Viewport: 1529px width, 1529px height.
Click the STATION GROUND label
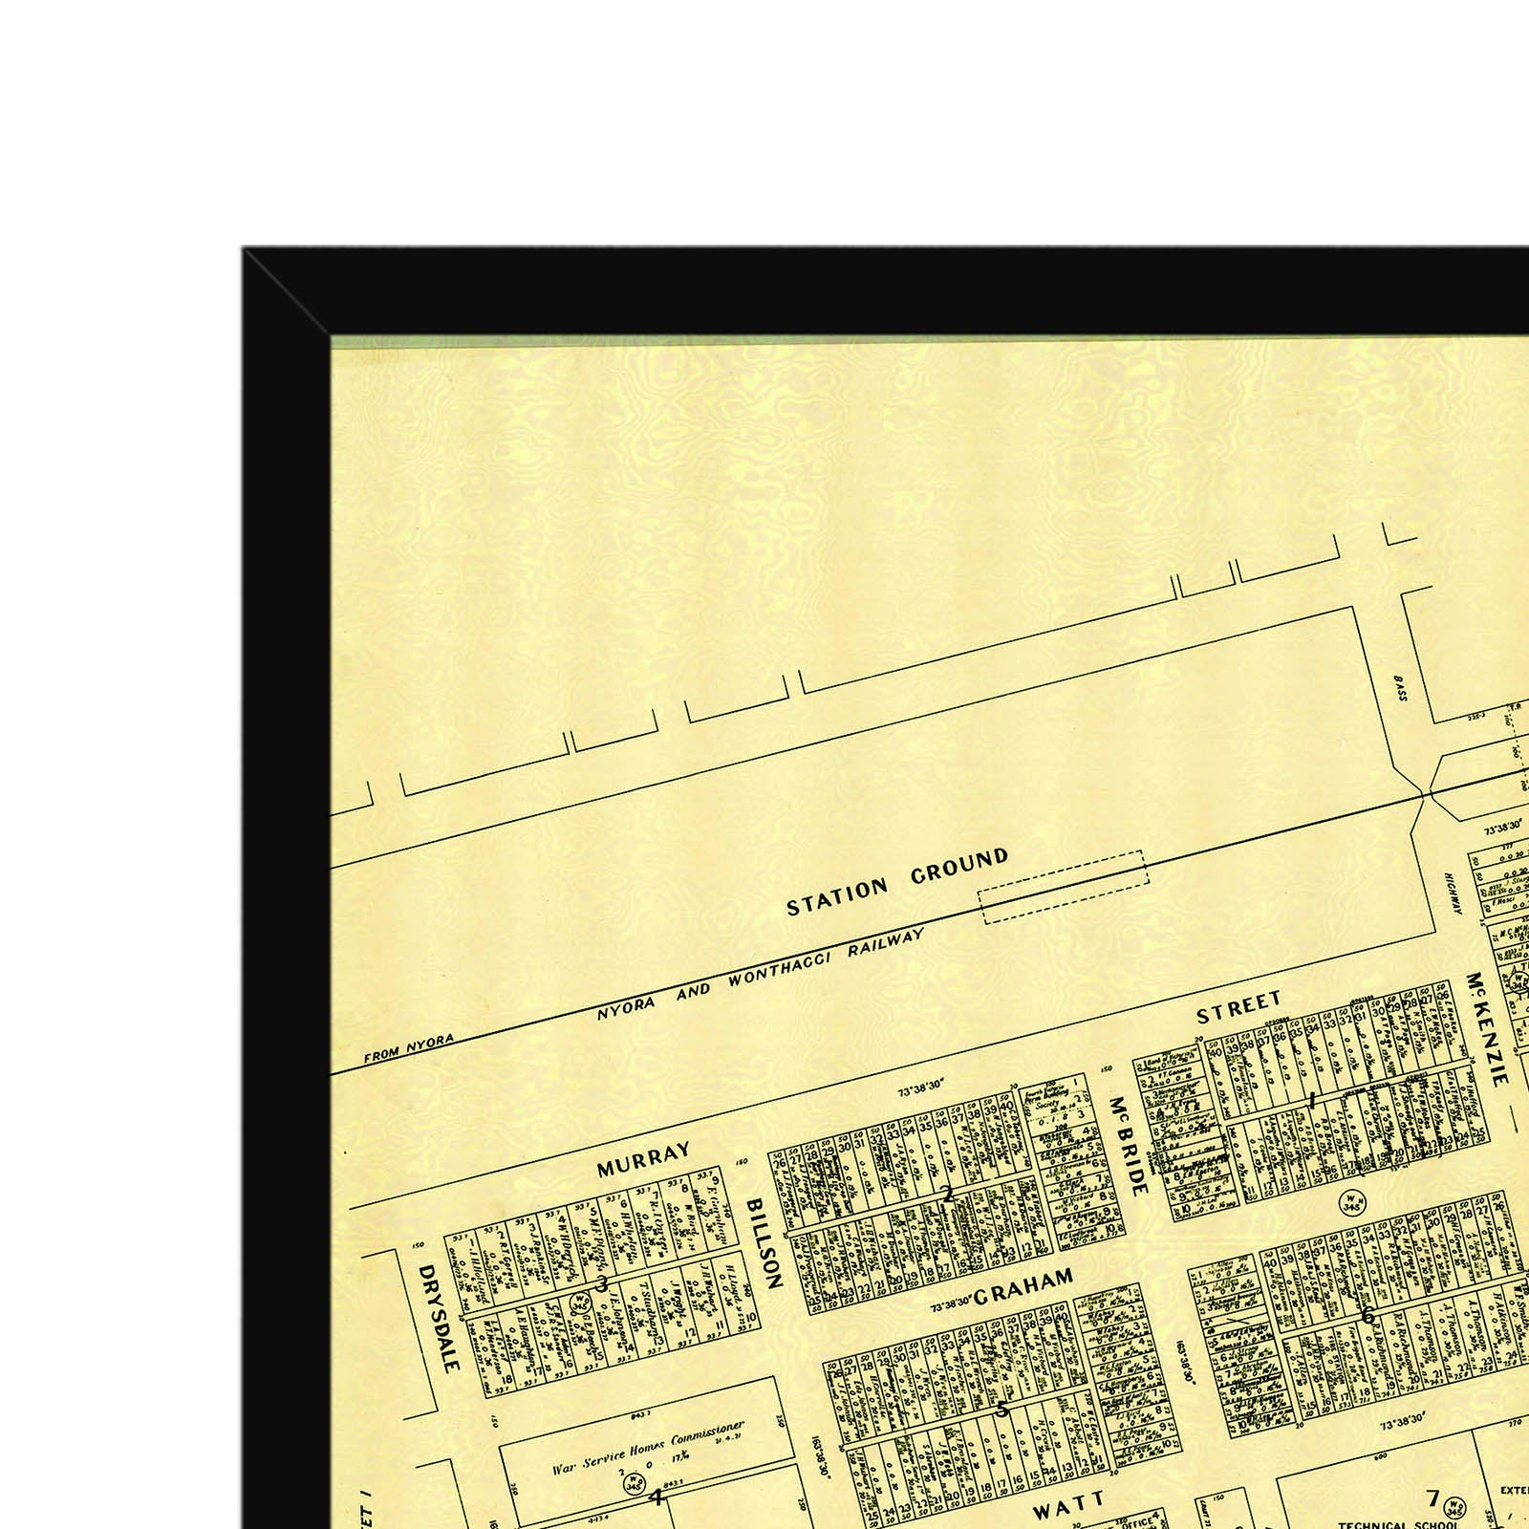896,882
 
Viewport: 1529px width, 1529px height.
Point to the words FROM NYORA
408,1048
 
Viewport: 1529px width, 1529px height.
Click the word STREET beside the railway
1238,1007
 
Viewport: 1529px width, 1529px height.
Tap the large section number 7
1432,1497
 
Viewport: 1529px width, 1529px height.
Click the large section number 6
1367,1315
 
